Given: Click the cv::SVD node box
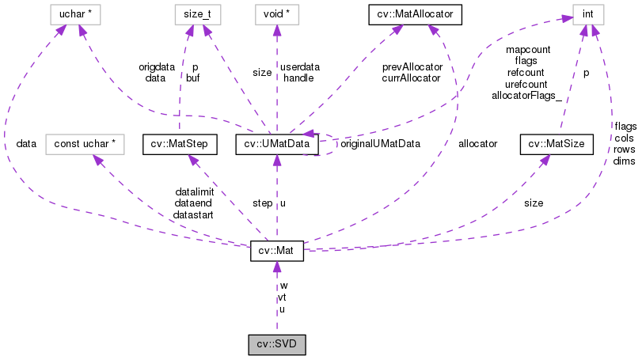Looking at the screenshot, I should point(276,345).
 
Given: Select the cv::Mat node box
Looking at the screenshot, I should point(276,250).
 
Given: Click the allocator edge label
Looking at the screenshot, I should point(477,144).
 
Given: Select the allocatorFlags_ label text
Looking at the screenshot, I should point(526,95).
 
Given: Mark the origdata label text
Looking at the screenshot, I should point(155,66).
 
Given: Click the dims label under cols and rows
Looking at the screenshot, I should point(624,161).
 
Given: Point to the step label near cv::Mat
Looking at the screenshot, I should point(262,203).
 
